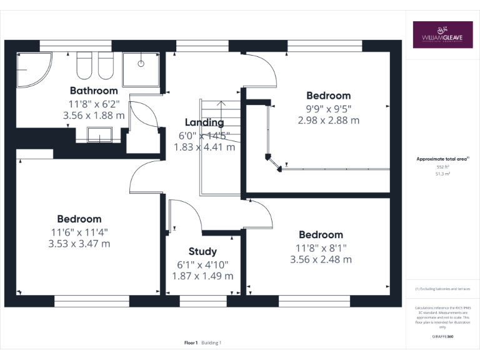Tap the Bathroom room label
click(93, 91)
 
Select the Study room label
click(202, 252)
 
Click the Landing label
click(204, 122)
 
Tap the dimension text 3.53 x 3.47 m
click(79, 244)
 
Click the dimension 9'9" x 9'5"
click(328, 108)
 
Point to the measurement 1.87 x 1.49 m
click(202, 276)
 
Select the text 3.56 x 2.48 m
click(321, 259)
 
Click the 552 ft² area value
click(442, 167)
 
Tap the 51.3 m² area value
click(442, 175)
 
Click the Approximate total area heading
click(442, 159)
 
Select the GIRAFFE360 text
click(442, 336)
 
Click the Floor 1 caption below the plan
click(191, 342)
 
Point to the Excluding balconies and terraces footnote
click(442, 289)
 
